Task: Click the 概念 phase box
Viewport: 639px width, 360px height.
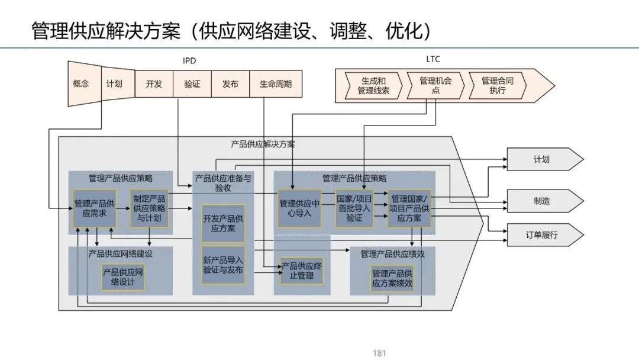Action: [x=81, y=83]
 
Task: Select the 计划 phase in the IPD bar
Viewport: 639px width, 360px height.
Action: [x=114, y=83]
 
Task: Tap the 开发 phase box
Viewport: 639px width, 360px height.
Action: [x=154, y=83]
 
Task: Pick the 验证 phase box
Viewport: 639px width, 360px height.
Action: [x=192, y=83]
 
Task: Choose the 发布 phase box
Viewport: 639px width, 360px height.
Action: [x=230, y=83]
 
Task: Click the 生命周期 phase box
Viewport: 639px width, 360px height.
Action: [x=275, y=83]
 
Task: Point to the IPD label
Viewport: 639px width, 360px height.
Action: [x=189, y=60]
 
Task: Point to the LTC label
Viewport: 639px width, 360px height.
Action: [x=433, y=59]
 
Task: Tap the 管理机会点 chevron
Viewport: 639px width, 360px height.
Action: [x=435, y=86]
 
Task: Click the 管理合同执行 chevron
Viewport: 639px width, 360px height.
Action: [x=497, y=86]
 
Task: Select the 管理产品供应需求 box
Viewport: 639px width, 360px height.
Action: [x=91, y=208]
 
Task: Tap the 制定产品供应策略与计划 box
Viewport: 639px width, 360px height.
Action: [x=149, y=208]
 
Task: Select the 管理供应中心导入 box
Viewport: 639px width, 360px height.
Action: [x=299, y=208]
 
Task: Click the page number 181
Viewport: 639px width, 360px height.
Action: [x=379, y=353]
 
